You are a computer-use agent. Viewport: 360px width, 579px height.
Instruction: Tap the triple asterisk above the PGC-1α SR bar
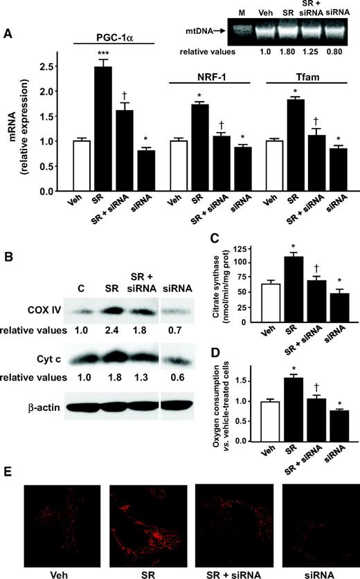102,53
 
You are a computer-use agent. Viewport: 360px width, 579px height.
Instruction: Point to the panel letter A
8,33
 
